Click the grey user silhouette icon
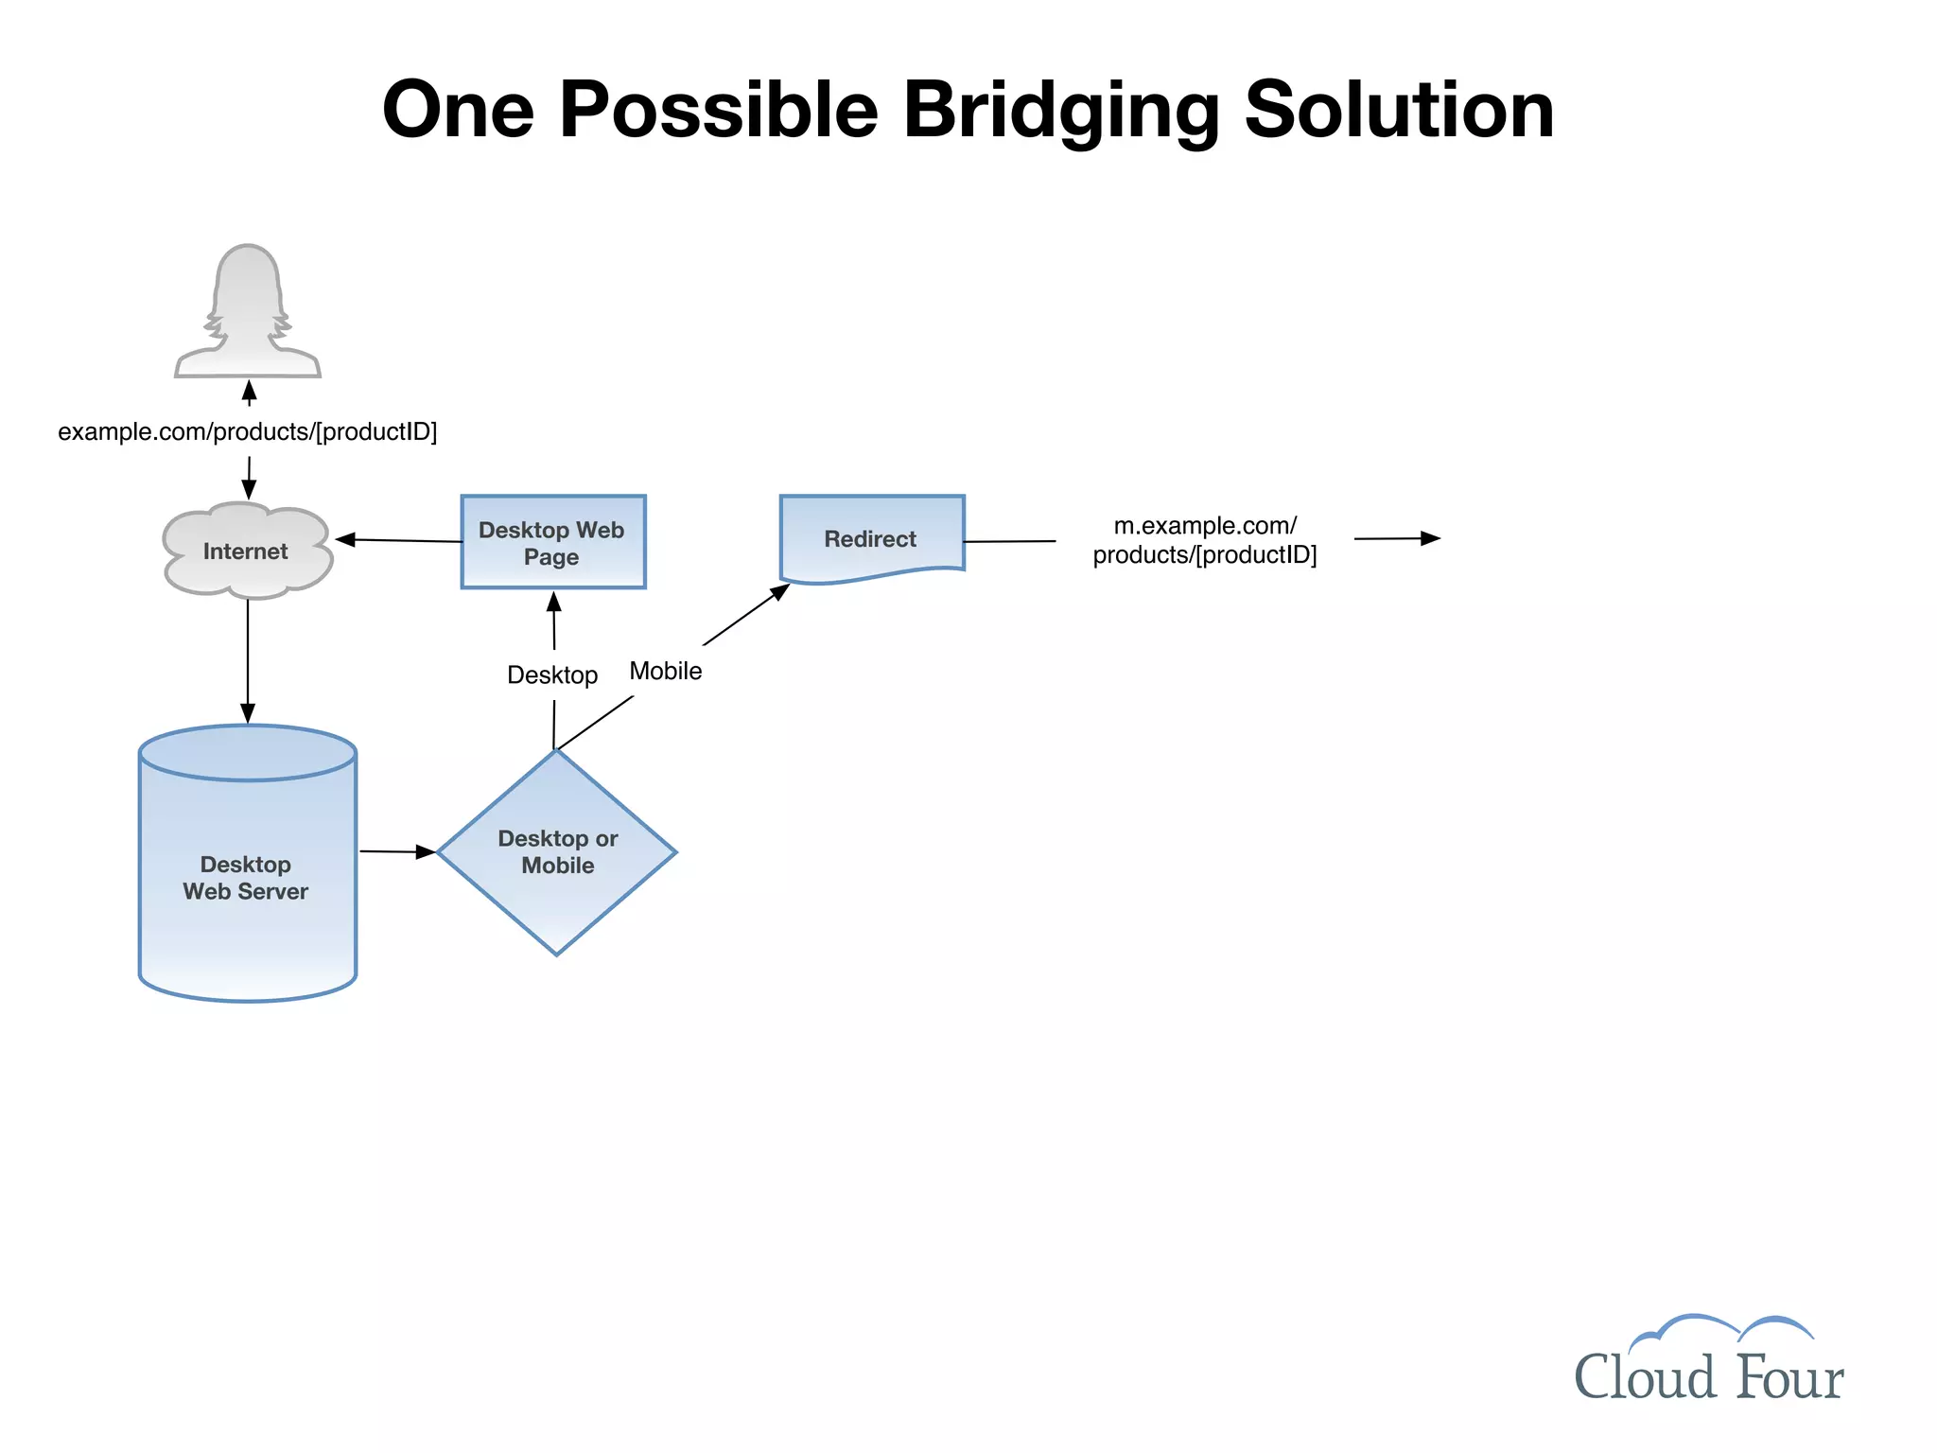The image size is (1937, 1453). click(x=248, y=312)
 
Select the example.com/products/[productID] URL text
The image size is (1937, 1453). click(x=248, y=432)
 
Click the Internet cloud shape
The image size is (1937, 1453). click(x=247, y=551)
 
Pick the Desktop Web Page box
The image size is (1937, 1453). click(x=552, y=542)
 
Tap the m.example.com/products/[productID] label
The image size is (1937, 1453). click(x=1204, y=540)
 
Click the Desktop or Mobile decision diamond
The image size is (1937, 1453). click(x=557, y=851)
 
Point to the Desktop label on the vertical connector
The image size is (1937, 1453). click(x=552, y=675)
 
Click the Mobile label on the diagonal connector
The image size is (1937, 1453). click(x=666, y=672)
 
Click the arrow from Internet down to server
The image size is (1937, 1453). click(x=248, y=662)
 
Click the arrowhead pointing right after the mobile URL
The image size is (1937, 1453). click(x=1430, y=538)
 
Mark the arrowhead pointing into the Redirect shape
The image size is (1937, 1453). click(x=780, y=592)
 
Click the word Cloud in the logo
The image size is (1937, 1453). click(x=1644, y=1377)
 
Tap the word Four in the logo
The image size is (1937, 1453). click(x=1789, y=1377)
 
